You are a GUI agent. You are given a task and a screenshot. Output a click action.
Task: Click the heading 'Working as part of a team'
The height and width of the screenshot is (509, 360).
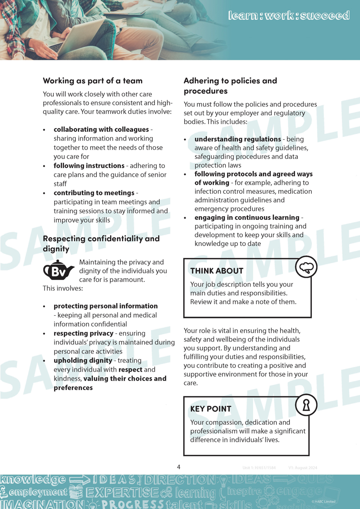click(x=92, y=81)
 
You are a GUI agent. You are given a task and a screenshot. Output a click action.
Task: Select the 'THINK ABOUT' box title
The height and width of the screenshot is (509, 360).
click(x=217, y=271)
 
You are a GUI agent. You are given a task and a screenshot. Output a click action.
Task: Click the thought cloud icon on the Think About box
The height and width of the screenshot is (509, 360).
click(x=306, y=267)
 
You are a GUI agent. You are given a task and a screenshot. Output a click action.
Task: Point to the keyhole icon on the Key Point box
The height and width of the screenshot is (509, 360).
click(x=306, y=405)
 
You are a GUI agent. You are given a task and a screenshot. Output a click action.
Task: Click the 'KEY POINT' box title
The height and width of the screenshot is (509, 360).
click(x=211, y=409)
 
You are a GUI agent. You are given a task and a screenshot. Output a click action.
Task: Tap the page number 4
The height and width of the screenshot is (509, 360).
click(x=179, y=467)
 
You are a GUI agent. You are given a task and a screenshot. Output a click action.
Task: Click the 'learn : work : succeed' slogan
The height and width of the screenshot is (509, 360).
click(x=289, y=16)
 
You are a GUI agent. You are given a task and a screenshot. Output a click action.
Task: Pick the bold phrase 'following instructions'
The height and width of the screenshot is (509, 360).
click(x=89, y=166)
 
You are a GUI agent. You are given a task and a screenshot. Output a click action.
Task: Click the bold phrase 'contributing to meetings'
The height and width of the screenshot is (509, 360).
click(x=94, y=193)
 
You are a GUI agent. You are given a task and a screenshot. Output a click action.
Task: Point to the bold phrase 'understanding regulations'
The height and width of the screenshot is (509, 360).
click(x=237, y=140)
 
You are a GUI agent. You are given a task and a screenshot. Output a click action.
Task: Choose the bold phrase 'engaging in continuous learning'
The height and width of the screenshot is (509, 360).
click(x=246, y=218)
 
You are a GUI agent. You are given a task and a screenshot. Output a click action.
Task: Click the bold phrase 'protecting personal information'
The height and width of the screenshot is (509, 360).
click(x=105, y=306)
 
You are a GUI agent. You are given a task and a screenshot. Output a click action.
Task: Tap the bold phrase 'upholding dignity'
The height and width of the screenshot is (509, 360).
click(x=83, y=361)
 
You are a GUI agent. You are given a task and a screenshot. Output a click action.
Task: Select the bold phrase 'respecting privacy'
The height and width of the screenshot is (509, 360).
click(x=83, y=334)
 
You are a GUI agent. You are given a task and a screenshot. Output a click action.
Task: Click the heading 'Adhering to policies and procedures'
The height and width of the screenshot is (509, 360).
click(x=230, y=86)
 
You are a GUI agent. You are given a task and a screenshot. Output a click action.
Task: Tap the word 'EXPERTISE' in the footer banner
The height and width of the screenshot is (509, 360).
click(x=122, y=492)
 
